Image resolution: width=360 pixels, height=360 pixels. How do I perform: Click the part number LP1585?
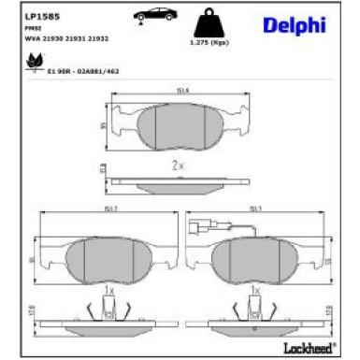[37, 15]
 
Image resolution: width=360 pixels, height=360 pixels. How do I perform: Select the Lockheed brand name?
[310, 348]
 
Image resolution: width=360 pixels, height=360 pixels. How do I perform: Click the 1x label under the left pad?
[108, 292]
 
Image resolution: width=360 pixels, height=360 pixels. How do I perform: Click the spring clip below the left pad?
[109, 310]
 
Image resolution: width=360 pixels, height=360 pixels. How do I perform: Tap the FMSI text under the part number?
[29, 28]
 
